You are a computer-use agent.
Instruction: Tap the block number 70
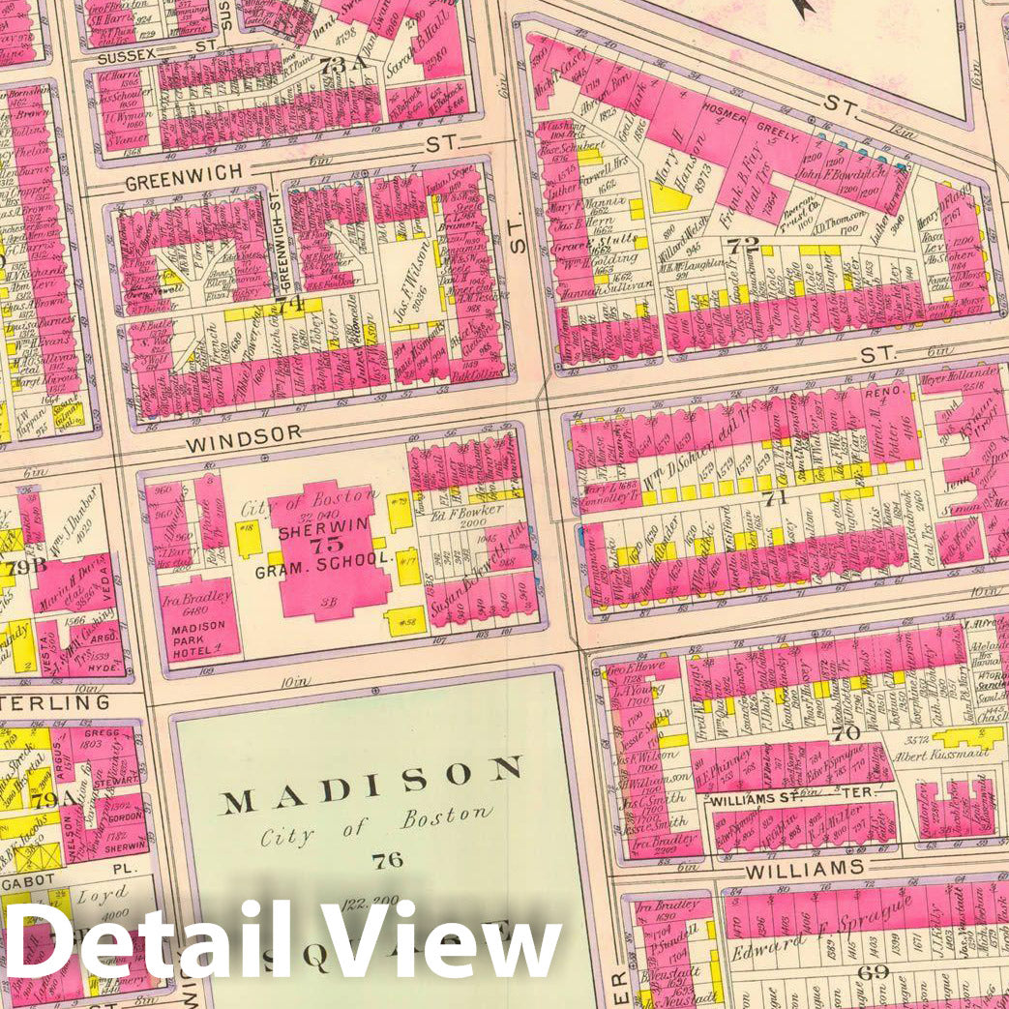(845, 732)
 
